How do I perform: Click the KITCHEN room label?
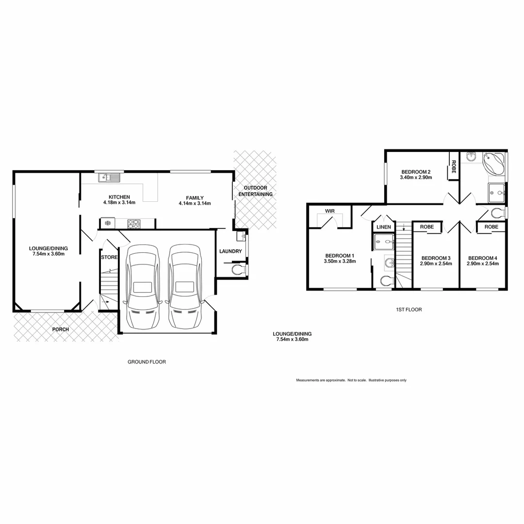coord(119,197)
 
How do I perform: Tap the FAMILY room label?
coord(195,197)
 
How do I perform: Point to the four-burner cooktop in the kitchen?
coord(134,224)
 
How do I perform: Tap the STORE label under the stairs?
coord(109,257)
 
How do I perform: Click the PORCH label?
coord(61,329)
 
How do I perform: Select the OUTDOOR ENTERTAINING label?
coord(255,191)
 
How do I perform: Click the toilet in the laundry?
coord(237,269)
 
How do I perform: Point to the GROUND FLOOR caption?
coord(147,362)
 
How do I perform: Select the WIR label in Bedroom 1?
coord(330,211)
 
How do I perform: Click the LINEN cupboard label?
coord(384,227)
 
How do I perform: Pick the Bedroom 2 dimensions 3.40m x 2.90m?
coord(416,178)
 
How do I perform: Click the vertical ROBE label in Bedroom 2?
coord(454,166)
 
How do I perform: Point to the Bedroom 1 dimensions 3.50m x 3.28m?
coord(340,262)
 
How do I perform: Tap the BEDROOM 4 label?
coord(483,258)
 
